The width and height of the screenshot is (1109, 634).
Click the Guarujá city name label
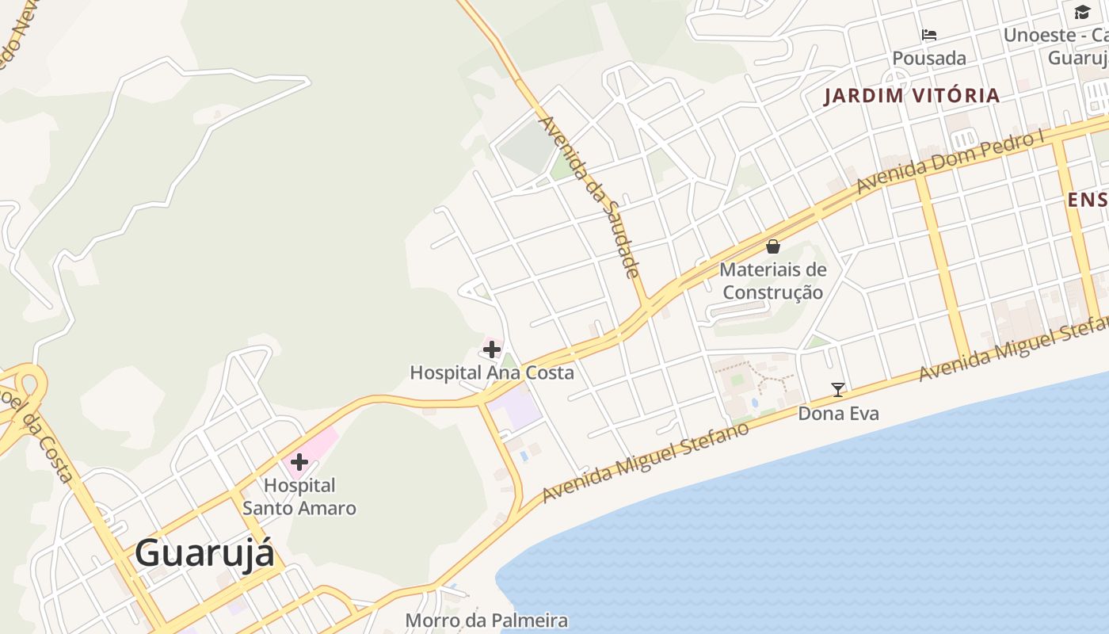click(x=204, y=552)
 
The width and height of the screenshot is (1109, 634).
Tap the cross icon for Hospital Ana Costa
click(x=491, y=349)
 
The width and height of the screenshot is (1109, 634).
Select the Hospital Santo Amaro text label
click(x=299, y=497)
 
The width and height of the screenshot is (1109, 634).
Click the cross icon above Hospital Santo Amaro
click(x=299, y=461)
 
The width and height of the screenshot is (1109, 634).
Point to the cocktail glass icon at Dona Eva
click(x=838, y=389)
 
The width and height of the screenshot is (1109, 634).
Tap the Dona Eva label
click(x=838, y=413)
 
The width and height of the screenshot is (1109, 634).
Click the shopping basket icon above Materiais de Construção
click(x=773, y=246)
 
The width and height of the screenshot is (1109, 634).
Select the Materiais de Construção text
click(x=773, y=281)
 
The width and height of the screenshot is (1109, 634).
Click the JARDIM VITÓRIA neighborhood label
click(x=912, y=96)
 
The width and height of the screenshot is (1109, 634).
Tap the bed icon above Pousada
click(x=929, y=34)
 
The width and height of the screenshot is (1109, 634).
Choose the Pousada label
click(x=929, y=58)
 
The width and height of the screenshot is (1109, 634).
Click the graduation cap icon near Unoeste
click(x=1082, y=11)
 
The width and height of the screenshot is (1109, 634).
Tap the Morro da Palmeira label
click(x=486, y=620)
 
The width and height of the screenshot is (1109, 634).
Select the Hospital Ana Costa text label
click(x=491, y=372)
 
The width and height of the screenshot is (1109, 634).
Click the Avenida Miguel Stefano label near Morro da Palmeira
click(x=646, y=462)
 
